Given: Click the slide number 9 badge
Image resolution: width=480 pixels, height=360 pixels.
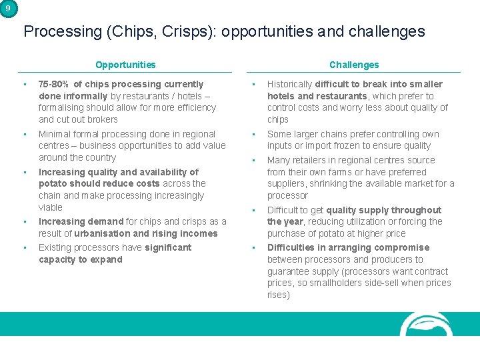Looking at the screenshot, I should click(7, 8).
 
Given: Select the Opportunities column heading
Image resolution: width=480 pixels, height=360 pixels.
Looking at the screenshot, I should click(125, 65).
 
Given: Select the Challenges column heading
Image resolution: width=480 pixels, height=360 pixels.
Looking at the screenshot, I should click(353, 65).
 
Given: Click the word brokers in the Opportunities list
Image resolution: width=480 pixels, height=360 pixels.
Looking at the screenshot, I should click(102, 119).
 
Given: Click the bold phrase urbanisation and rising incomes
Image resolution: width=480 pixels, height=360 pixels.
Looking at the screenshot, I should click(146, 233).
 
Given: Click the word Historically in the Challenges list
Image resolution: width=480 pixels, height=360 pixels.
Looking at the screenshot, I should click(289, 84).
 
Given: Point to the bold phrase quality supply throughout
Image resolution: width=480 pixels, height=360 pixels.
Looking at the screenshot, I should click(383, 210).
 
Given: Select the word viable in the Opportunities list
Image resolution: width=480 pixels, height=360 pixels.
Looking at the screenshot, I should click(50, 207).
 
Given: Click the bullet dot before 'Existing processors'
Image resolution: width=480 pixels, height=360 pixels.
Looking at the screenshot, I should click(24, 247).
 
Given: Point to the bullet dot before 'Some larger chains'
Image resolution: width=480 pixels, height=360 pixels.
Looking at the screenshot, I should click(253, 134).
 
